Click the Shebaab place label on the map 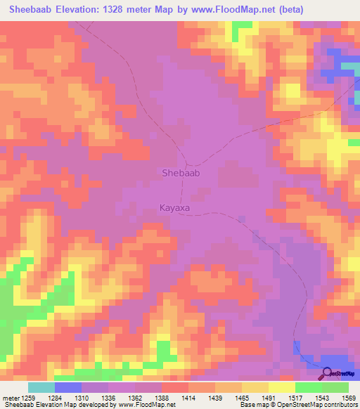pos(181,172)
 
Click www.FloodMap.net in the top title pos(244,10)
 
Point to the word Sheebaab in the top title pos(33,10)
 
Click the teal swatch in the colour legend pos(41,387)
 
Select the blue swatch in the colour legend pos(68,387)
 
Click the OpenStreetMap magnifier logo pos(328,375)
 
